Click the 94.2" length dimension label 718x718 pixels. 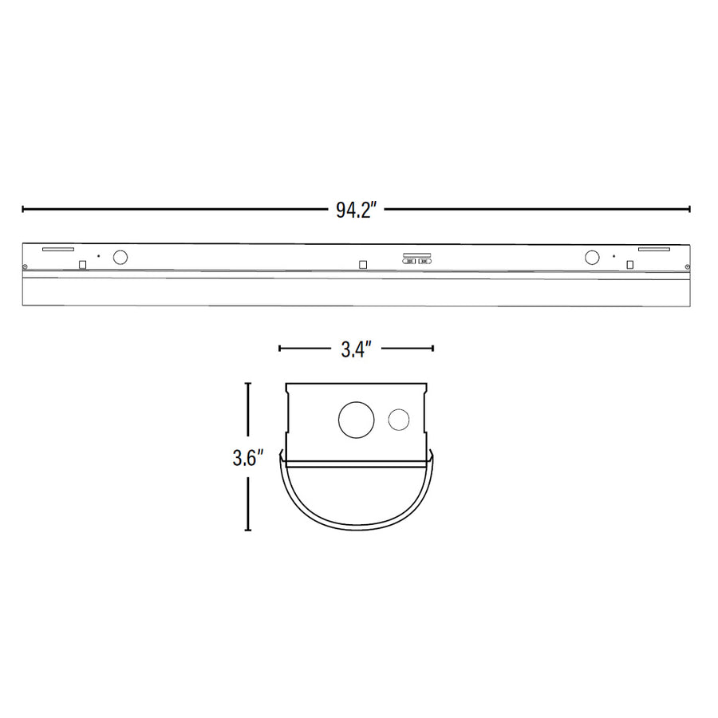(356, 211)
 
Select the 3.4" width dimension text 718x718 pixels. (355, 349)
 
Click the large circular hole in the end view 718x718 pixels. (354, 419)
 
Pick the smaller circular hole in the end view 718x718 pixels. (399, 420)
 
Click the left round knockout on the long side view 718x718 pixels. (120, 257)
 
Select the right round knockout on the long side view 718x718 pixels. (592, 257)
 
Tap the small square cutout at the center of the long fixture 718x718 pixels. (363, 264)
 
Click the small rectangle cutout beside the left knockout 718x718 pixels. (82, 264)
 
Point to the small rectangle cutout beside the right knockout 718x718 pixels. (630, 264)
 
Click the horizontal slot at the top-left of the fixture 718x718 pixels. (57, 249)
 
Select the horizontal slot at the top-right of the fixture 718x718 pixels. (653, 249)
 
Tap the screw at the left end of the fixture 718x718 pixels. (26, 266)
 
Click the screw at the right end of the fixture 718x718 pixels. (687, 266)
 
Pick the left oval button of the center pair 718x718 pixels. (409, 261)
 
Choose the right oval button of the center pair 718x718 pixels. (424, 261)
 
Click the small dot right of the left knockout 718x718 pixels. (98, 256)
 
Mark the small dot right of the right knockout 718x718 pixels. (613, 256)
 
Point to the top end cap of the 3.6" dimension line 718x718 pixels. (248, 384)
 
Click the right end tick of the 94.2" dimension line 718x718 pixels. (689, 209)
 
